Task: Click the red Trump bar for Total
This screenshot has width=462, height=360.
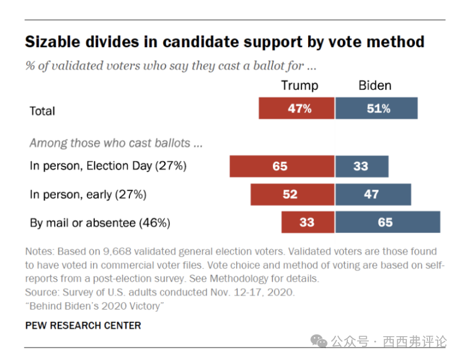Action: [296, 108]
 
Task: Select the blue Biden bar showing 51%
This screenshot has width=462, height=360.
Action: [376, 108]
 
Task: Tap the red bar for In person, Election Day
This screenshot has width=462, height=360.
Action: [282, 166]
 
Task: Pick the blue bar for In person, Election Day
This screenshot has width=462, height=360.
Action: [362, 166]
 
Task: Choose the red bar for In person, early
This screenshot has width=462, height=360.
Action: [292, 194]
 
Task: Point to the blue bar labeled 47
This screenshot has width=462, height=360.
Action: [373, 194]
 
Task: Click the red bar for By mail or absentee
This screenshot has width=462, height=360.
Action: [308, 222]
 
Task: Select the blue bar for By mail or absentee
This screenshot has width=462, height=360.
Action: [387, 222]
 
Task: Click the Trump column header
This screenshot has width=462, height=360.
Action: [300, 86]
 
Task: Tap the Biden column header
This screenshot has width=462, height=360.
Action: [375, 86]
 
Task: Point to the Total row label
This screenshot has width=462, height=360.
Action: [43, 111]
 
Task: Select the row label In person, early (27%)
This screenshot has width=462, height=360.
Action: [88, 194]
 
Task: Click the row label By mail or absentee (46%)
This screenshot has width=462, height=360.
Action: [100, 223]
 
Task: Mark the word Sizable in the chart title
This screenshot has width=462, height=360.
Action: [55, 42]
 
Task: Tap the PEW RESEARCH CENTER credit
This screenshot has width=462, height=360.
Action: [83, 325]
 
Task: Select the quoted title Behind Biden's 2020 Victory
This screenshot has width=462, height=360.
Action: [94, 307]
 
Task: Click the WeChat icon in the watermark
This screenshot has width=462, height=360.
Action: [318, 342]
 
